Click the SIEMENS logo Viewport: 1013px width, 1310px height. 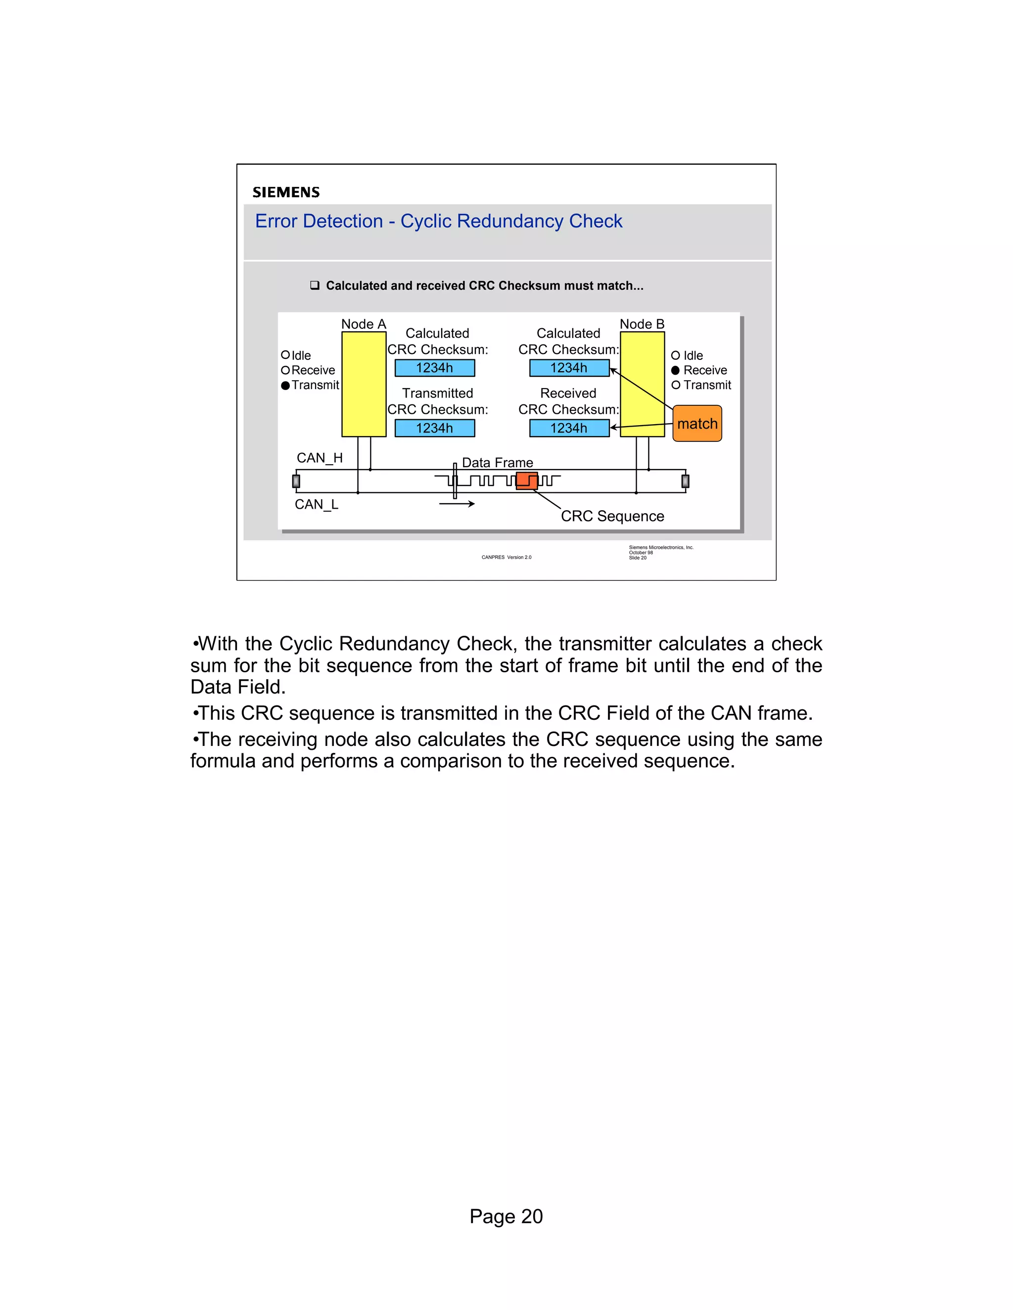tap(286, 192)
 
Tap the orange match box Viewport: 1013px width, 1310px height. tap(697, 424)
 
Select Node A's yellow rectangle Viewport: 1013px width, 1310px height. tap(364, 384)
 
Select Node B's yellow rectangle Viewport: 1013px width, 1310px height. tap(642, 384)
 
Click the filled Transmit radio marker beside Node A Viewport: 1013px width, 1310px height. tap(286, 385)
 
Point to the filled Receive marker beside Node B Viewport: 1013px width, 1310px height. tap(676, 370)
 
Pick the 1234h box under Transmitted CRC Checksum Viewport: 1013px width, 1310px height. tap(434, 428)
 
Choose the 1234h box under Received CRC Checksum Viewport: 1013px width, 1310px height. tap(569, 428)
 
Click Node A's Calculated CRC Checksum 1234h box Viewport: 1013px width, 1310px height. tap(434, 368)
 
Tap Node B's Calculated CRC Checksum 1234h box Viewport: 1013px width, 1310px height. tap(569, 368)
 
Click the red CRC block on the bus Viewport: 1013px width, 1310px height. tap(527, 480)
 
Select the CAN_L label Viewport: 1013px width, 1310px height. tap(316, 504)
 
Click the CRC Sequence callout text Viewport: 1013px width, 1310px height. tap(612, 517)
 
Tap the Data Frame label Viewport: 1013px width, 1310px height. tap(497, 463)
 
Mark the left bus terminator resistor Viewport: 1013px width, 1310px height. tap(296, 481)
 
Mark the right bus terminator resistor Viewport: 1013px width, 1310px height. tap(686, 481)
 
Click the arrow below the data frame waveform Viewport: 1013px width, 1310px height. tap(458, 504)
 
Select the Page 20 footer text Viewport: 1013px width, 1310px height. tap(506, 1216)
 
